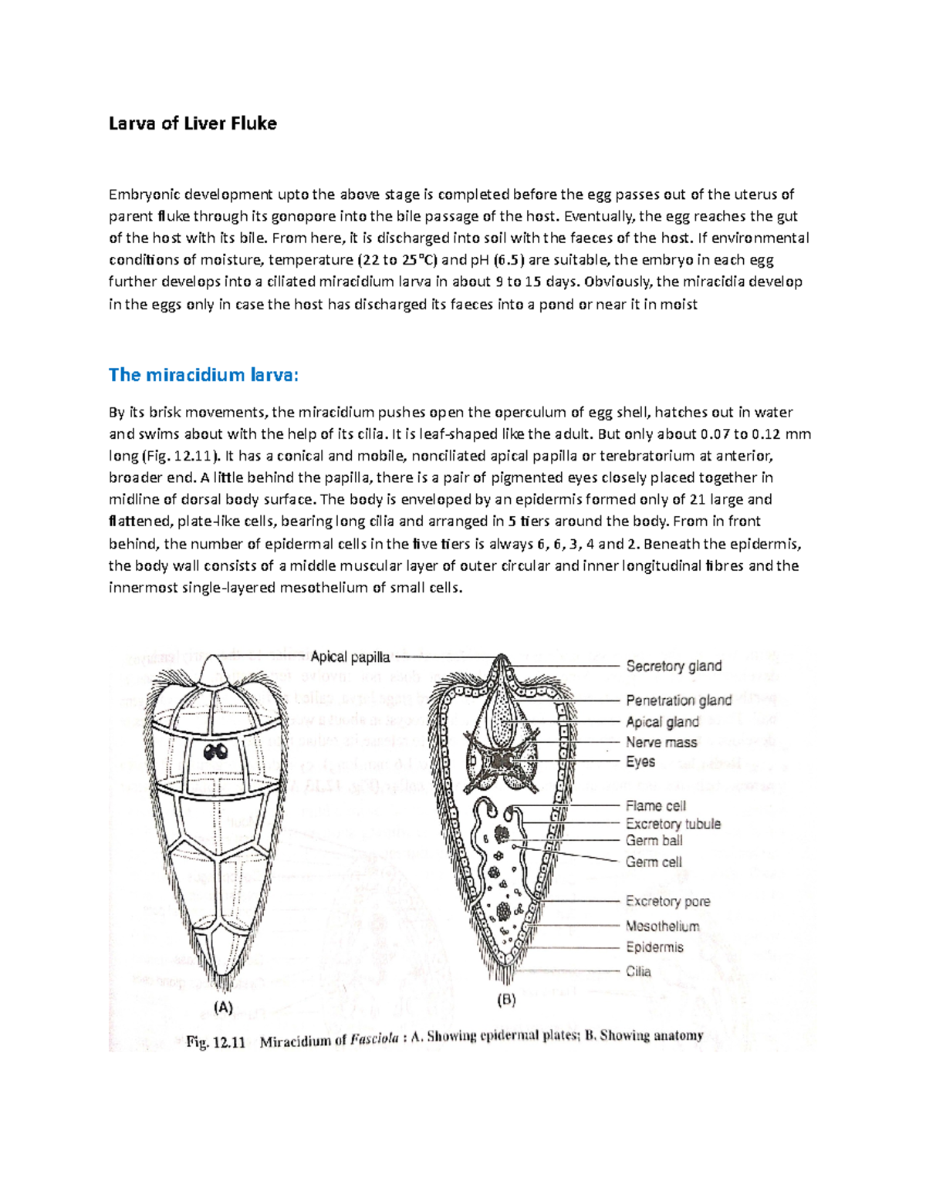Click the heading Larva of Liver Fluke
point(192,123)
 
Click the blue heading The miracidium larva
point(202,375)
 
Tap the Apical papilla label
point(350,657)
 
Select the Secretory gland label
point(673,666)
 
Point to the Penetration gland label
point(678,700)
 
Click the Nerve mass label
point(661,742)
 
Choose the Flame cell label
point(655,805)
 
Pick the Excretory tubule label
point(673,824)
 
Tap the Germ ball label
point(654,841)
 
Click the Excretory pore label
point(667,901)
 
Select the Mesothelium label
point(662,926)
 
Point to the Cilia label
point(638,971)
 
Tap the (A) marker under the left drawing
point(222,1007)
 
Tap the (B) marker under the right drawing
point(505,1001)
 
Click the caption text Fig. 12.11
point(215,1042)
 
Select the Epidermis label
point(654,947)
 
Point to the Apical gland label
point(662,722)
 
